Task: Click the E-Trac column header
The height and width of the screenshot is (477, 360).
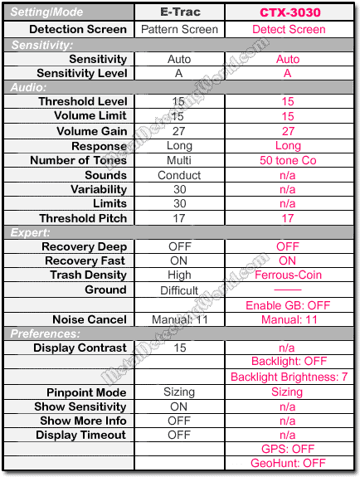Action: (179, 12)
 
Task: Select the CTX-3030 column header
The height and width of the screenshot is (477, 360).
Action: (288, 12)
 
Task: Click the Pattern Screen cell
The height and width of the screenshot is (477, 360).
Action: (179, 29)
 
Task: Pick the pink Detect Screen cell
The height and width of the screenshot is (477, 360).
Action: (288, 29)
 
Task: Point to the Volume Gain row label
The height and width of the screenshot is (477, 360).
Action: (91, 131)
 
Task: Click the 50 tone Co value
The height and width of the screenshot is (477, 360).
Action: (288, 160)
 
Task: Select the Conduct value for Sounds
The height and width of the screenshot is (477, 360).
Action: (179, 175)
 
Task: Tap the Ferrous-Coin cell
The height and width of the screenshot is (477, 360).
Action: (288, 275)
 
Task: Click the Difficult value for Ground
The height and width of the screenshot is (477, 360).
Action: (179, 290)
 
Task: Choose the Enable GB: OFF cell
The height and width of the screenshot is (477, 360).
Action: (288, 305)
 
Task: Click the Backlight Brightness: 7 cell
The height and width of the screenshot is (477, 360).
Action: (288, 377)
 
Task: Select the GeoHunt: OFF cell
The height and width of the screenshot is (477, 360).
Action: (288, 463)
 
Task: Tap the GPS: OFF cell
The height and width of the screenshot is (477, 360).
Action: (288, 449)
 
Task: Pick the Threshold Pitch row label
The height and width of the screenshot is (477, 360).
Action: (83, 218)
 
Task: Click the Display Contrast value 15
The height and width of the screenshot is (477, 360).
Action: (179, 348)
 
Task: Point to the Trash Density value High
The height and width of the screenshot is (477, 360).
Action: (179, 275)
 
